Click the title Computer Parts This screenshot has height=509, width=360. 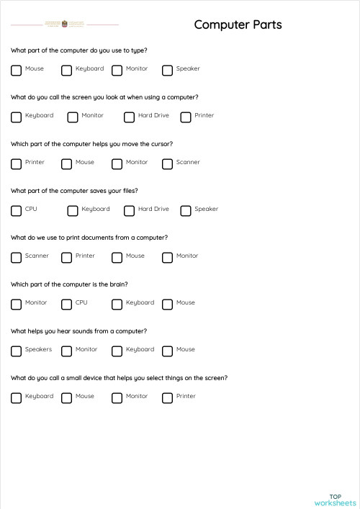tap(238, 25)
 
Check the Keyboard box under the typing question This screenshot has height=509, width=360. tap(67, 70)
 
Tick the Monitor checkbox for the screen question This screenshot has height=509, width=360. tap(73, 117)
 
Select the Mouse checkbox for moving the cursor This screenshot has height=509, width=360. tap(67, 163)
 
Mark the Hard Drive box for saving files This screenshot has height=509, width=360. tap(130, 210)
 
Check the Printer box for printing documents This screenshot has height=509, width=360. tap(67, 257)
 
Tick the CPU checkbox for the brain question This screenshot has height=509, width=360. tap(67, 304)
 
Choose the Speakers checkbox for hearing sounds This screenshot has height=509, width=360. tap(17, 351)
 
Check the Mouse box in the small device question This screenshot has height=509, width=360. tap(67, 397)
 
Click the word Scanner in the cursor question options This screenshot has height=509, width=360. tap(188, 163)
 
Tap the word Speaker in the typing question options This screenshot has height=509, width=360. tap(188, 69)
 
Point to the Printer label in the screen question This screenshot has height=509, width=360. tap(204, 116)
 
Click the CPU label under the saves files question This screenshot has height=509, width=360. tap(31, 210)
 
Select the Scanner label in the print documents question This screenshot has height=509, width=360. tap(37, 256)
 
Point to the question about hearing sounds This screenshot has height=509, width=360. tap(79, 331)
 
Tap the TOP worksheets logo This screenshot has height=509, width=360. tap(335, 500)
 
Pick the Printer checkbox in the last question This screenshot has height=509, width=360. tap(168, 397)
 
